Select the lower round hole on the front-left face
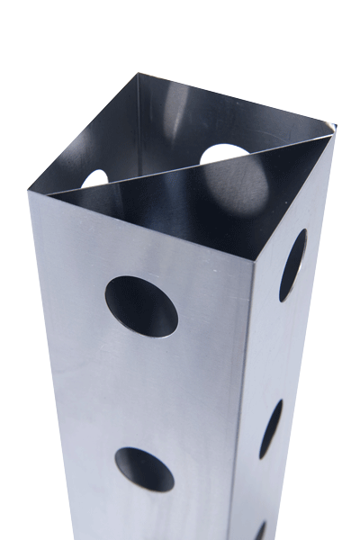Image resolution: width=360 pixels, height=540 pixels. (x=144, y=469)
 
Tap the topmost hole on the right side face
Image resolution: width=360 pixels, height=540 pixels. (x=292, y=264)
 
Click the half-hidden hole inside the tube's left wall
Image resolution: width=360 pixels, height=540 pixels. (x=95, y=179)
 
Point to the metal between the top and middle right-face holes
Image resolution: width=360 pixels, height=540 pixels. (x=281, y=346)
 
